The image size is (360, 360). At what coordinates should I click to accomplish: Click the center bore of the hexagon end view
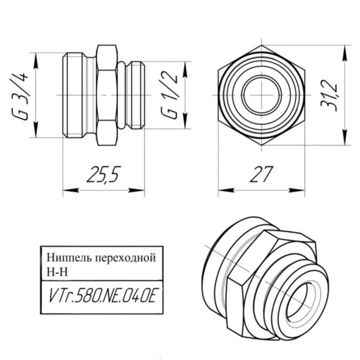click(x=261, y=95)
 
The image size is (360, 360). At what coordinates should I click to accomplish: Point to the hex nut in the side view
click(x=106, y=95)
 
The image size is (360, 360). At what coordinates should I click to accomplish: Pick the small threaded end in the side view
click(x=135, y=95)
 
